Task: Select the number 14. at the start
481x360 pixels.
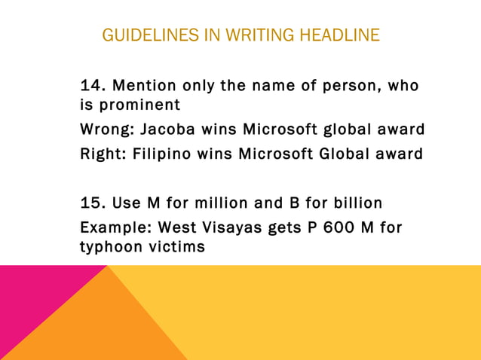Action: click(93, 85)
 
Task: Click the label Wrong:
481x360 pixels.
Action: click(106, 130)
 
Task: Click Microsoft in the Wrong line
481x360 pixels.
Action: click(276, 130)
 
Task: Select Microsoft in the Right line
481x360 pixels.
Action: click(272, 154)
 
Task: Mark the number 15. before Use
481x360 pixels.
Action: click(93, 203)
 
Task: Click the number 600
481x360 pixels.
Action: click(328, 227)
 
